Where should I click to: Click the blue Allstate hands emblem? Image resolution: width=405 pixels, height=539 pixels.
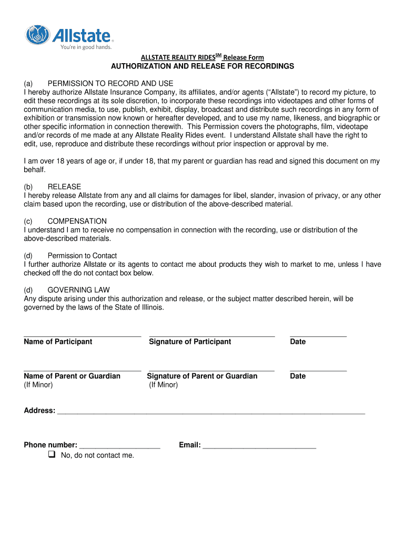(x=37, y=35)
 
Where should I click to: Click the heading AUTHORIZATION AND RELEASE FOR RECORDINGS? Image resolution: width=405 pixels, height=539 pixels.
(x=202, y=66)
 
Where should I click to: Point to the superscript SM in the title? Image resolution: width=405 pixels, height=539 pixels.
(x=218, y=55)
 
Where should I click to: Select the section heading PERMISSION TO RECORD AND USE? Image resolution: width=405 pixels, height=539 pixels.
(x=110, y=84)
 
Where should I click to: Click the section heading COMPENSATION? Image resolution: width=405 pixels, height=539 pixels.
(x=77, y=221)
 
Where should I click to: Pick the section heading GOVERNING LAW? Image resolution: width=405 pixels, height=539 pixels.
(x=78, y=290)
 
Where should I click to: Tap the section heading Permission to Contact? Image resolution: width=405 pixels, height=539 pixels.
(x=82, y=256)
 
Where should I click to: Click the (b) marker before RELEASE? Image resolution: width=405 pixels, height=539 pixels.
(x=28, y=187)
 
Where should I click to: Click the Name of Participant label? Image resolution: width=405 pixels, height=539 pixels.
(x=58, y=342)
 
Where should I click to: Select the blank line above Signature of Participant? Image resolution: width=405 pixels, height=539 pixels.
(x=211, y=335)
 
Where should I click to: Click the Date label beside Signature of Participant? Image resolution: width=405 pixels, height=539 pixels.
(x=298, y=342)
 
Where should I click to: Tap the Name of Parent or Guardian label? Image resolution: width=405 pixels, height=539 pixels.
(x=72, y=376)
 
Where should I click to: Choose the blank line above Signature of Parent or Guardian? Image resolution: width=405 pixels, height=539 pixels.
(x=211, y=370)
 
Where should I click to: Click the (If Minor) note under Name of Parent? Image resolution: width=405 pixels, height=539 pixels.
(x=38, y=385)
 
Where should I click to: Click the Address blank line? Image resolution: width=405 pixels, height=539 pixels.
(x=210, y=414)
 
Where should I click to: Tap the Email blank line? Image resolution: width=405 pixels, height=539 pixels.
(x=259, y=448)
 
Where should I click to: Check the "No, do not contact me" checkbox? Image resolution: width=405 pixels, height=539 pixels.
(x=52, y=454)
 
